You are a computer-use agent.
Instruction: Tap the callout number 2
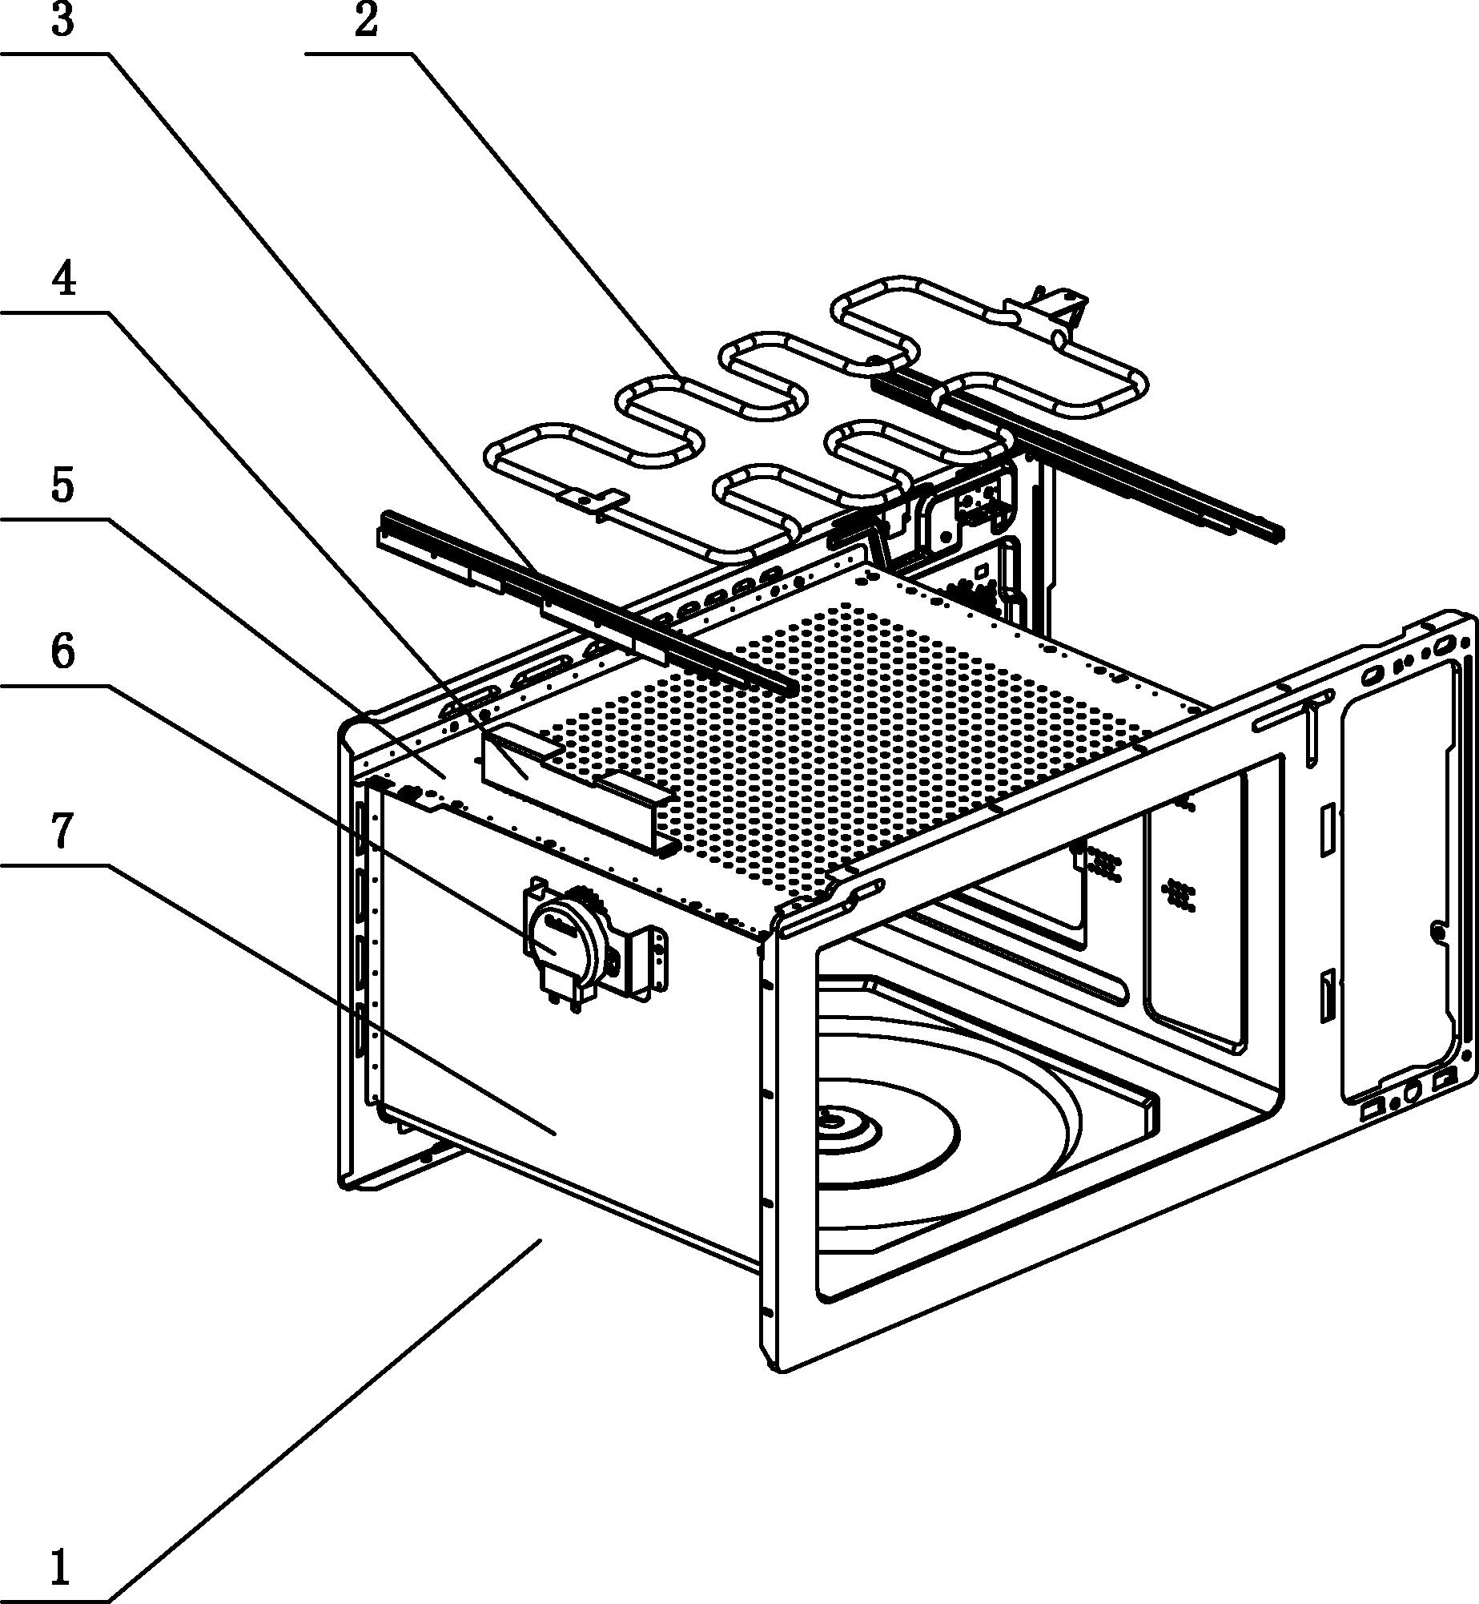point(366,21)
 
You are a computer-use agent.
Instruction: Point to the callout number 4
point(63,280)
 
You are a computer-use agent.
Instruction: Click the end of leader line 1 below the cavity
point(541,1239)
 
